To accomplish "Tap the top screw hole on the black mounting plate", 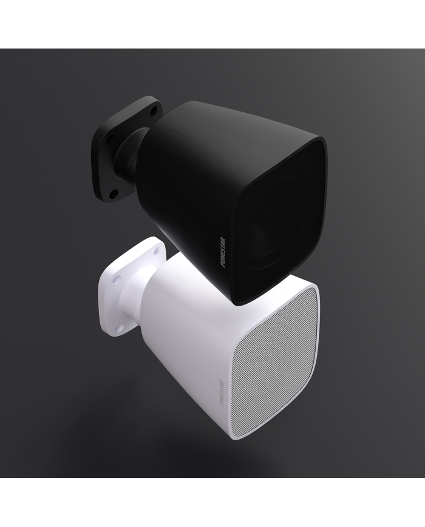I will click(153, 112).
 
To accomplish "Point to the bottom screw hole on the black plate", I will click(113, 193).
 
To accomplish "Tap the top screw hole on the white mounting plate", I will click(158, 250).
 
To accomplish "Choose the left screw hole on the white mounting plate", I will click(117, 279).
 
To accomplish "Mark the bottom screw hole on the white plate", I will click(120, 327).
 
